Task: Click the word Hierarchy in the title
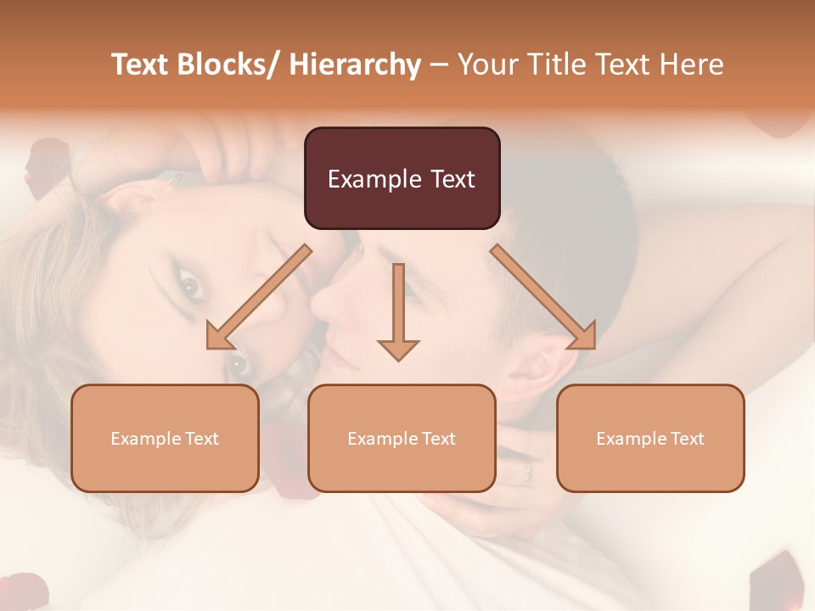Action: [x=355, y=65]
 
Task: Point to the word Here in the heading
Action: [x=691, y=65]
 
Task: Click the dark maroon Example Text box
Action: [x=402, y=178]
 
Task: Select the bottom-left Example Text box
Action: [x=165, y=438]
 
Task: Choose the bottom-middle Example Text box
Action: [x=402, y=438]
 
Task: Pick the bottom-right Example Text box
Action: [x=650, y=438]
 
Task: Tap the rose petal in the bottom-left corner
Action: [x=21, y=590]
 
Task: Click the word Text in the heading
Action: [x=622, y=65]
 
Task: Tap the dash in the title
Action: [x=439, y=65]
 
